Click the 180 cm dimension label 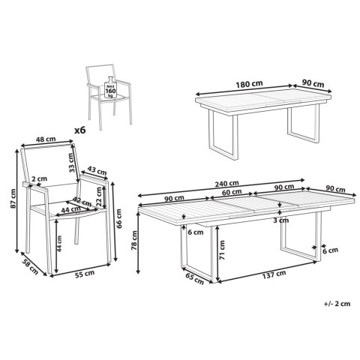pyautogui.click(x=249, y=84)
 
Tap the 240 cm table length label pyautogui.click(x=226, y=184)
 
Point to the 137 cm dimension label pyautogui.click(x=274, y=274)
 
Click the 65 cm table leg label pyautogui.click(x=194, y=278)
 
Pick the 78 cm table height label pyautogui.click(x=134, y=240)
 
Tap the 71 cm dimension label pyautogui.click(x=222, y=249)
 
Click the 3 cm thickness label pyautogui.click(x=280, y=220)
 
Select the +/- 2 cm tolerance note pyautogui.click(x=337, y=304)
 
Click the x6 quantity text pyautogui.click(x=80, y=130)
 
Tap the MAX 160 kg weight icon pyautogui.click(x=110, y=88)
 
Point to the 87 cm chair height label pyautogui.click(x=13, y=199)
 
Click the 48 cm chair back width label pyautogui.click(x=46, y=139)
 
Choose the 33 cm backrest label pyautogui.click(x=72, y=163)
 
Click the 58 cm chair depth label pyautogui.click(x=30, y=267)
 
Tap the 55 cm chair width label pyautogui.click(x=85, y=274)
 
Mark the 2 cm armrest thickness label pyautogui.click(x=40, y=178)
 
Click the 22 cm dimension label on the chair pyautogui.click(x=100, y=196)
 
